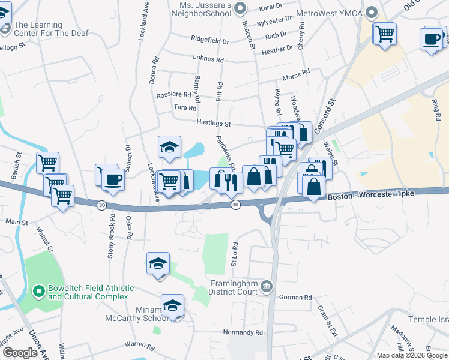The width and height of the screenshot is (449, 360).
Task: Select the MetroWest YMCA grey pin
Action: tap(372, 11)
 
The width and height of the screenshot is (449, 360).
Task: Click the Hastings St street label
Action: tap(214, 123)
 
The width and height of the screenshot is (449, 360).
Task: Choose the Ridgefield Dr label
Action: tap(210, 41)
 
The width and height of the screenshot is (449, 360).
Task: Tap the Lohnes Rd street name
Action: tap(208, 59)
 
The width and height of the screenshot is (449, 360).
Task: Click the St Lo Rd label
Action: tap(236, 254)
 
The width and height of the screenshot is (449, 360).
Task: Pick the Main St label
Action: tap(17, 222)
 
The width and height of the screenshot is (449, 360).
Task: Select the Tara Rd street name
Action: tap(185, 108)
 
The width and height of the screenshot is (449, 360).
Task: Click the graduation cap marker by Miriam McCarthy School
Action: tap(172, 304)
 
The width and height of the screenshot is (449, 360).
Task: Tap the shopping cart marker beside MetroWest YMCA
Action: tap(384, 33)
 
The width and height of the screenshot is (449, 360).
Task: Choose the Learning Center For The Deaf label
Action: tap(50, 29)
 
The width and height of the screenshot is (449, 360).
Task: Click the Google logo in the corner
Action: tap(20, 353)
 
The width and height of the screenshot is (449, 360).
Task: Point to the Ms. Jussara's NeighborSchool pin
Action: tap(240, 8)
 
